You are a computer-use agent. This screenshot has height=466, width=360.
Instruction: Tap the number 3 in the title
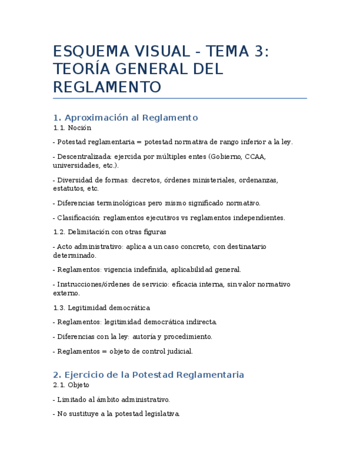[x=259, y=52]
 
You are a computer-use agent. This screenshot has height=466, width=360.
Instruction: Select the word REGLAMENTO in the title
[x=107, y=87]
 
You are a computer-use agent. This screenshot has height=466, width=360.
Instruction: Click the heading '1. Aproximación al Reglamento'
[x=125, y=118]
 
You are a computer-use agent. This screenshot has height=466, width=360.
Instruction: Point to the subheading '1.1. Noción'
[x=72, y=127]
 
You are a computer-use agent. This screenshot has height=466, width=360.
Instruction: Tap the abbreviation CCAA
[x=255, y=157]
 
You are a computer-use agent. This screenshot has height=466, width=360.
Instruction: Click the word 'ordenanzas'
[x=260, y=180]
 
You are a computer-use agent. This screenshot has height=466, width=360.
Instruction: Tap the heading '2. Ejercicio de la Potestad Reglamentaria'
[x=148, y=375]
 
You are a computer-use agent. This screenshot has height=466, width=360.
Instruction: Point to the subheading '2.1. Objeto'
[x=71, y=385]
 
